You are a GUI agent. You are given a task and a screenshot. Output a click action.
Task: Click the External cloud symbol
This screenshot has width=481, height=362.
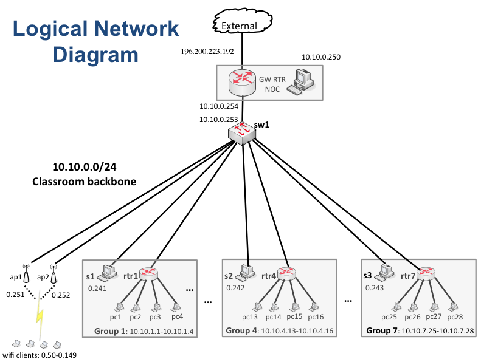pos(242,25)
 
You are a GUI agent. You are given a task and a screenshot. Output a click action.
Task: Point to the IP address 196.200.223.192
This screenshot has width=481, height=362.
pos(207,51)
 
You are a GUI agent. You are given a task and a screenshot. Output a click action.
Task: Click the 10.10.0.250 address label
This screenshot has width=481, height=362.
pos(321,57)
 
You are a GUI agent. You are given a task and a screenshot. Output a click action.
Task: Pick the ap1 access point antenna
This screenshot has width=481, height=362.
pos(26,275)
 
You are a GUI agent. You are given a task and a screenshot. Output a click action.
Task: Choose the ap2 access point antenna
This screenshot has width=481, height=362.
pos(53,275)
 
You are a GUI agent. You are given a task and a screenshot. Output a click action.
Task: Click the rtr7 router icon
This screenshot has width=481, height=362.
pos(426,273)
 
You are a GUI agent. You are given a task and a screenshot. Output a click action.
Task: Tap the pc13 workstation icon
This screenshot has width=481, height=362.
pos(257,307)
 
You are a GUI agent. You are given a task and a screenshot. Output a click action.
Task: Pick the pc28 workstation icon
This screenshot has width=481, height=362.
pos(452,307)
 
